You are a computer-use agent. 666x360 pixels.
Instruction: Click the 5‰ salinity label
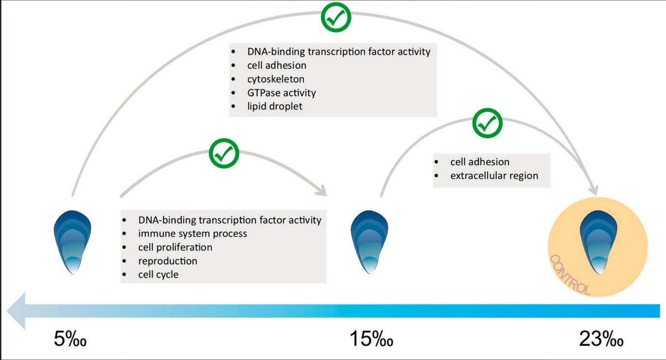[70, 339]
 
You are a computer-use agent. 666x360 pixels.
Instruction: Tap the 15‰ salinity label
[371, 339]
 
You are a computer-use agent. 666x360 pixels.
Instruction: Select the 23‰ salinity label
[601, 339]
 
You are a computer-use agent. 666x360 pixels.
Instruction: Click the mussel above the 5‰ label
[72, 242]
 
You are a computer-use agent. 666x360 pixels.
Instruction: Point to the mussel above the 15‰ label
[369, 242]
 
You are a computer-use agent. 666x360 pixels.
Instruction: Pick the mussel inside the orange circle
[598, 242]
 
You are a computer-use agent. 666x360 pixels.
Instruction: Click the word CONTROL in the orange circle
[570, 275]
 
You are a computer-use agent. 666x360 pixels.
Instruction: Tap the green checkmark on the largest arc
[336, 17]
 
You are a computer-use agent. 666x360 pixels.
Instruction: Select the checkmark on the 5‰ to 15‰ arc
[224, 153]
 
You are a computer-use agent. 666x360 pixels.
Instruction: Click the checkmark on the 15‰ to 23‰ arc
[487, 123]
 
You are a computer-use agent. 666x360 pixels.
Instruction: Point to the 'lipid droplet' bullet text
[275, 106]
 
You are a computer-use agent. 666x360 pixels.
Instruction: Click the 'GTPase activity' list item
[281, 93]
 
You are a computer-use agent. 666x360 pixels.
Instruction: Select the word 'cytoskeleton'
[276, 79]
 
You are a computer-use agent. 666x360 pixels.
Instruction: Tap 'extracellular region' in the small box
[494, 175]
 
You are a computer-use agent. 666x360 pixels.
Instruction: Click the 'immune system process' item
[193, 234]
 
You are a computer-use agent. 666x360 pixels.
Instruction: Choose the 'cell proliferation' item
[175, 247]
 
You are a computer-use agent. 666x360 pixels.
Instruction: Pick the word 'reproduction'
[168, 261]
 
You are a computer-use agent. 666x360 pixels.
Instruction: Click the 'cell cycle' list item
[158, 274]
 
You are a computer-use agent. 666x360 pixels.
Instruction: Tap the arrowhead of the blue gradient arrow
[16, 311]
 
